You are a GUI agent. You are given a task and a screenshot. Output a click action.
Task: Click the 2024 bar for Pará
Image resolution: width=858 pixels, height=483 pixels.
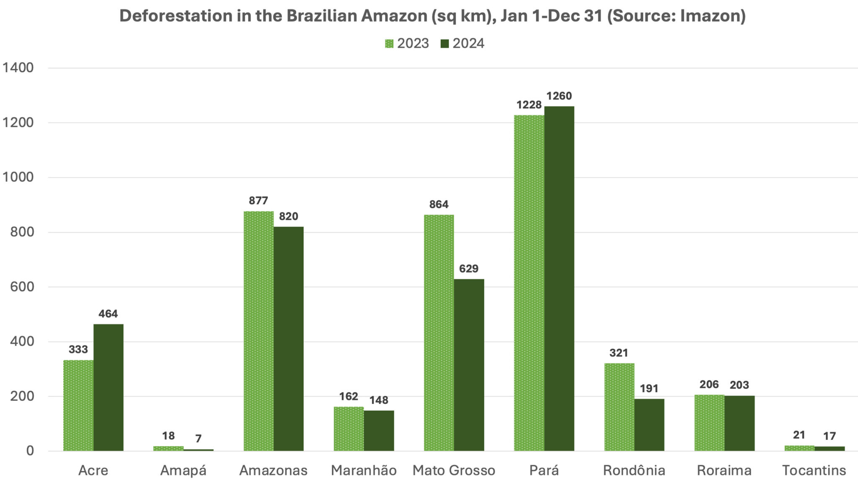pos(559,279)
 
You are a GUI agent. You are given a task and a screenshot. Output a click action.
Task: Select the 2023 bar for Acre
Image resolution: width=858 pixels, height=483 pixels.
pos(78,405)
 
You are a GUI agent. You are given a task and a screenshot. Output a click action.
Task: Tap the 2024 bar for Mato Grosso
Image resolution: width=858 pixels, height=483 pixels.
pos(469,365)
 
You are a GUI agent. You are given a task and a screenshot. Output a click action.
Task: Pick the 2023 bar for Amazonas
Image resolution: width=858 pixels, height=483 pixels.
pos(258,331)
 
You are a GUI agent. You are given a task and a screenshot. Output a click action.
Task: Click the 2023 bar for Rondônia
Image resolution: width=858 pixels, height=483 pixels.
pos(619,407)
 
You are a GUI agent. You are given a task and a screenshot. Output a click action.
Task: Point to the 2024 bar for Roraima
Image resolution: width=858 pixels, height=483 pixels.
pos(739,423)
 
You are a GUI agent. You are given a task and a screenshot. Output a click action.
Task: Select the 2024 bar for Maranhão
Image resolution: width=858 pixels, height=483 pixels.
pos(379,431)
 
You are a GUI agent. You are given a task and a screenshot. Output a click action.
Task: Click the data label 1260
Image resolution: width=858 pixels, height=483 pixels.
pos(559,96)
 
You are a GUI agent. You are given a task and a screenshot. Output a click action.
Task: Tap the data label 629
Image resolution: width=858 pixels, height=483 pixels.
pos(468,268)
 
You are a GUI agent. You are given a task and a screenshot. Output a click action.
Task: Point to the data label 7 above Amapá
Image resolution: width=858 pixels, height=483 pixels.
pos(198,439)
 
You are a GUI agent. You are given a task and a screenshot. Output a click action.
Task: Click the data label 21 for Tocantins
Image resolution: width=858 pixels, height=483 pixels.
pos(799,435)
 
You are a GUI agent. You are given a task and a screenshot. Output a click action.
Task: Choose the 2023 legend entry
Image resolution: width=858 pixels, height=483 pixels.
pos(407,43)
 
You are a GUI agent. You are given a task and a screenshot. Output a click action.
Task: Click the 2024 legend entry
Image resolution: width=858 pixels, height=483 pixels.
pos(463,43)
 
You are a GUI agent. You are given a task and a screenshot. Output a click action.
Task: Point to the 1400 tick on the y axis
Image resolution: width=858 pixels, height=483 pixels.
pos(18,68)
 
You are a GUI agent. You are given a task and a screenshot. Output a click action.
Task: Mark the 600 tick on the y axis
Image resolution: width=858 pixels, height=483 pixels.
pos(22,287)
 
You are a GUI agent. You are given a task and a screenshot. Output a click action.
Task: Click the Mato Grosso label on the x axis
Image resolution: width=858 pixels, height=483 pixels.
pos(454,470)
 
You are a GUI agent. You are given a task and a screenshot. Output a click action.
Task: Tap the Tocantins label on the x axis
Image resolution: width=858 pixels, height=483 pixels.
pos(814,470)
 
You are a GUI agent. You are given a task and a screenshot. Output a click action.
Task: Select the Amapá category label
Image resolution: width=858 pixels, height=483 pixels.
pos(183,470)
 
